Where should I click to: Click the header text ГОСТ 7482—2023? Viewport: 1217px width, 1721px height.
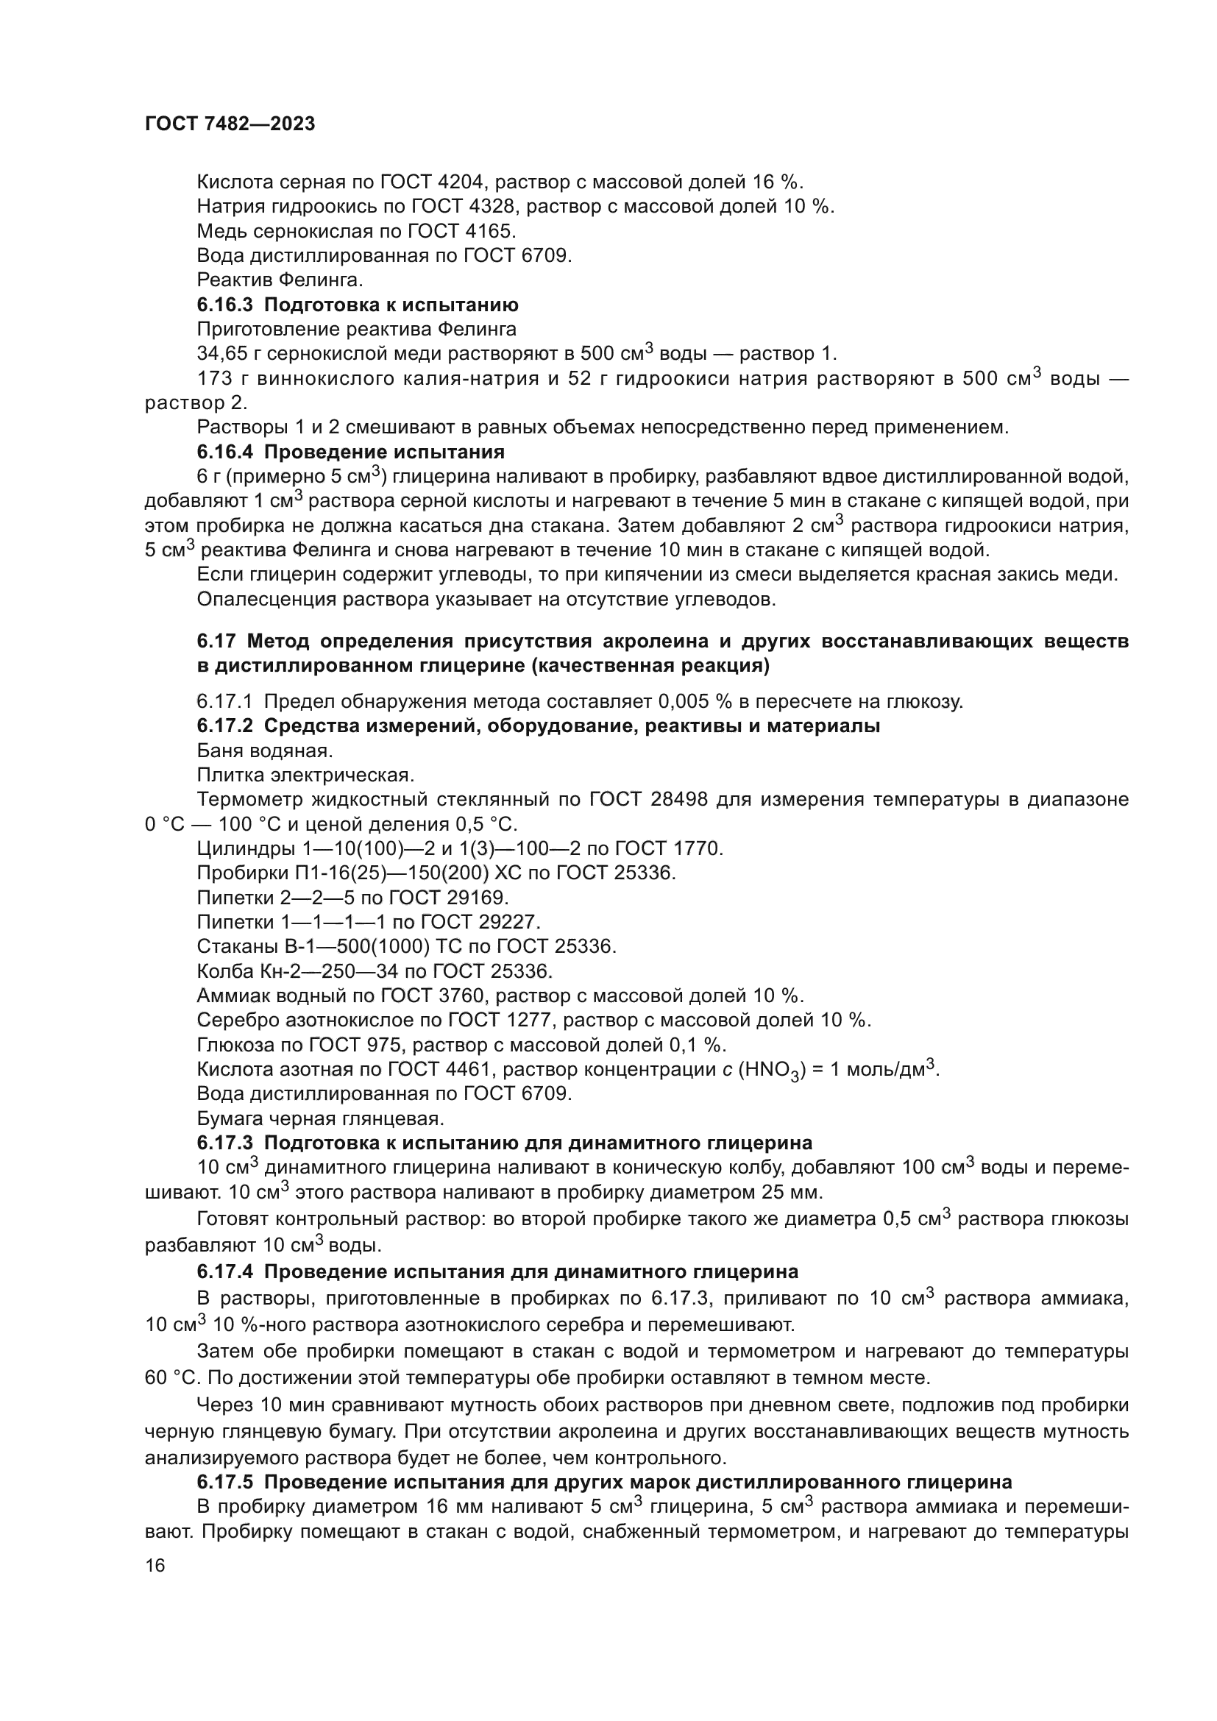(230, 124)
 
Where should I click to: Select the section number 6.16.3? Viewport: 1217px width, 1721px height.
(226, 305)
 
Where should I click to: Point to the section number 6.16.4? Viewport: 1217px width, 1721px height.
(226, 452)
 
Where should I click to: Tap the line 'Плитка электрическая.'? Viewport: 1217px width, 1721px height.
(305, 775)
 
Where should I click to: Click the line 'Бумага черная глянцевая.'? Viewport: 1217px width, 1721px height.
(320, 1119)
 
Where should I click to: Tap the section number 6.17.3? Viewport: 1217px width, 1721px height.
(226, 1143)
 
